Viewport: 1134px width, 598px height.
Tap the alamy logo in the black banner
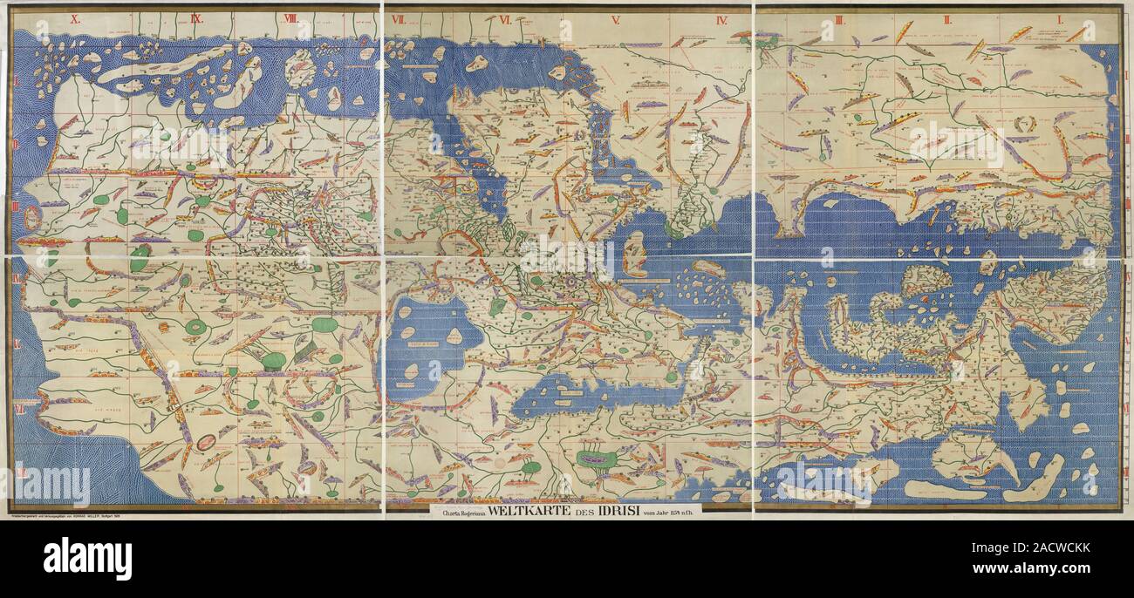coord(87,558)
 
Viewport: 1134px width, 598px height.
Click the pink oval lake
coord(207,442)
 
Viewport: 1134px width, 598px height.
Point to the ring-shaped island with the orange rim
coord(32,217)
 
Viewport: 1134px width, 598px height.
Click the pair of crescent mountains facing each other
coord(1024,124)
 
